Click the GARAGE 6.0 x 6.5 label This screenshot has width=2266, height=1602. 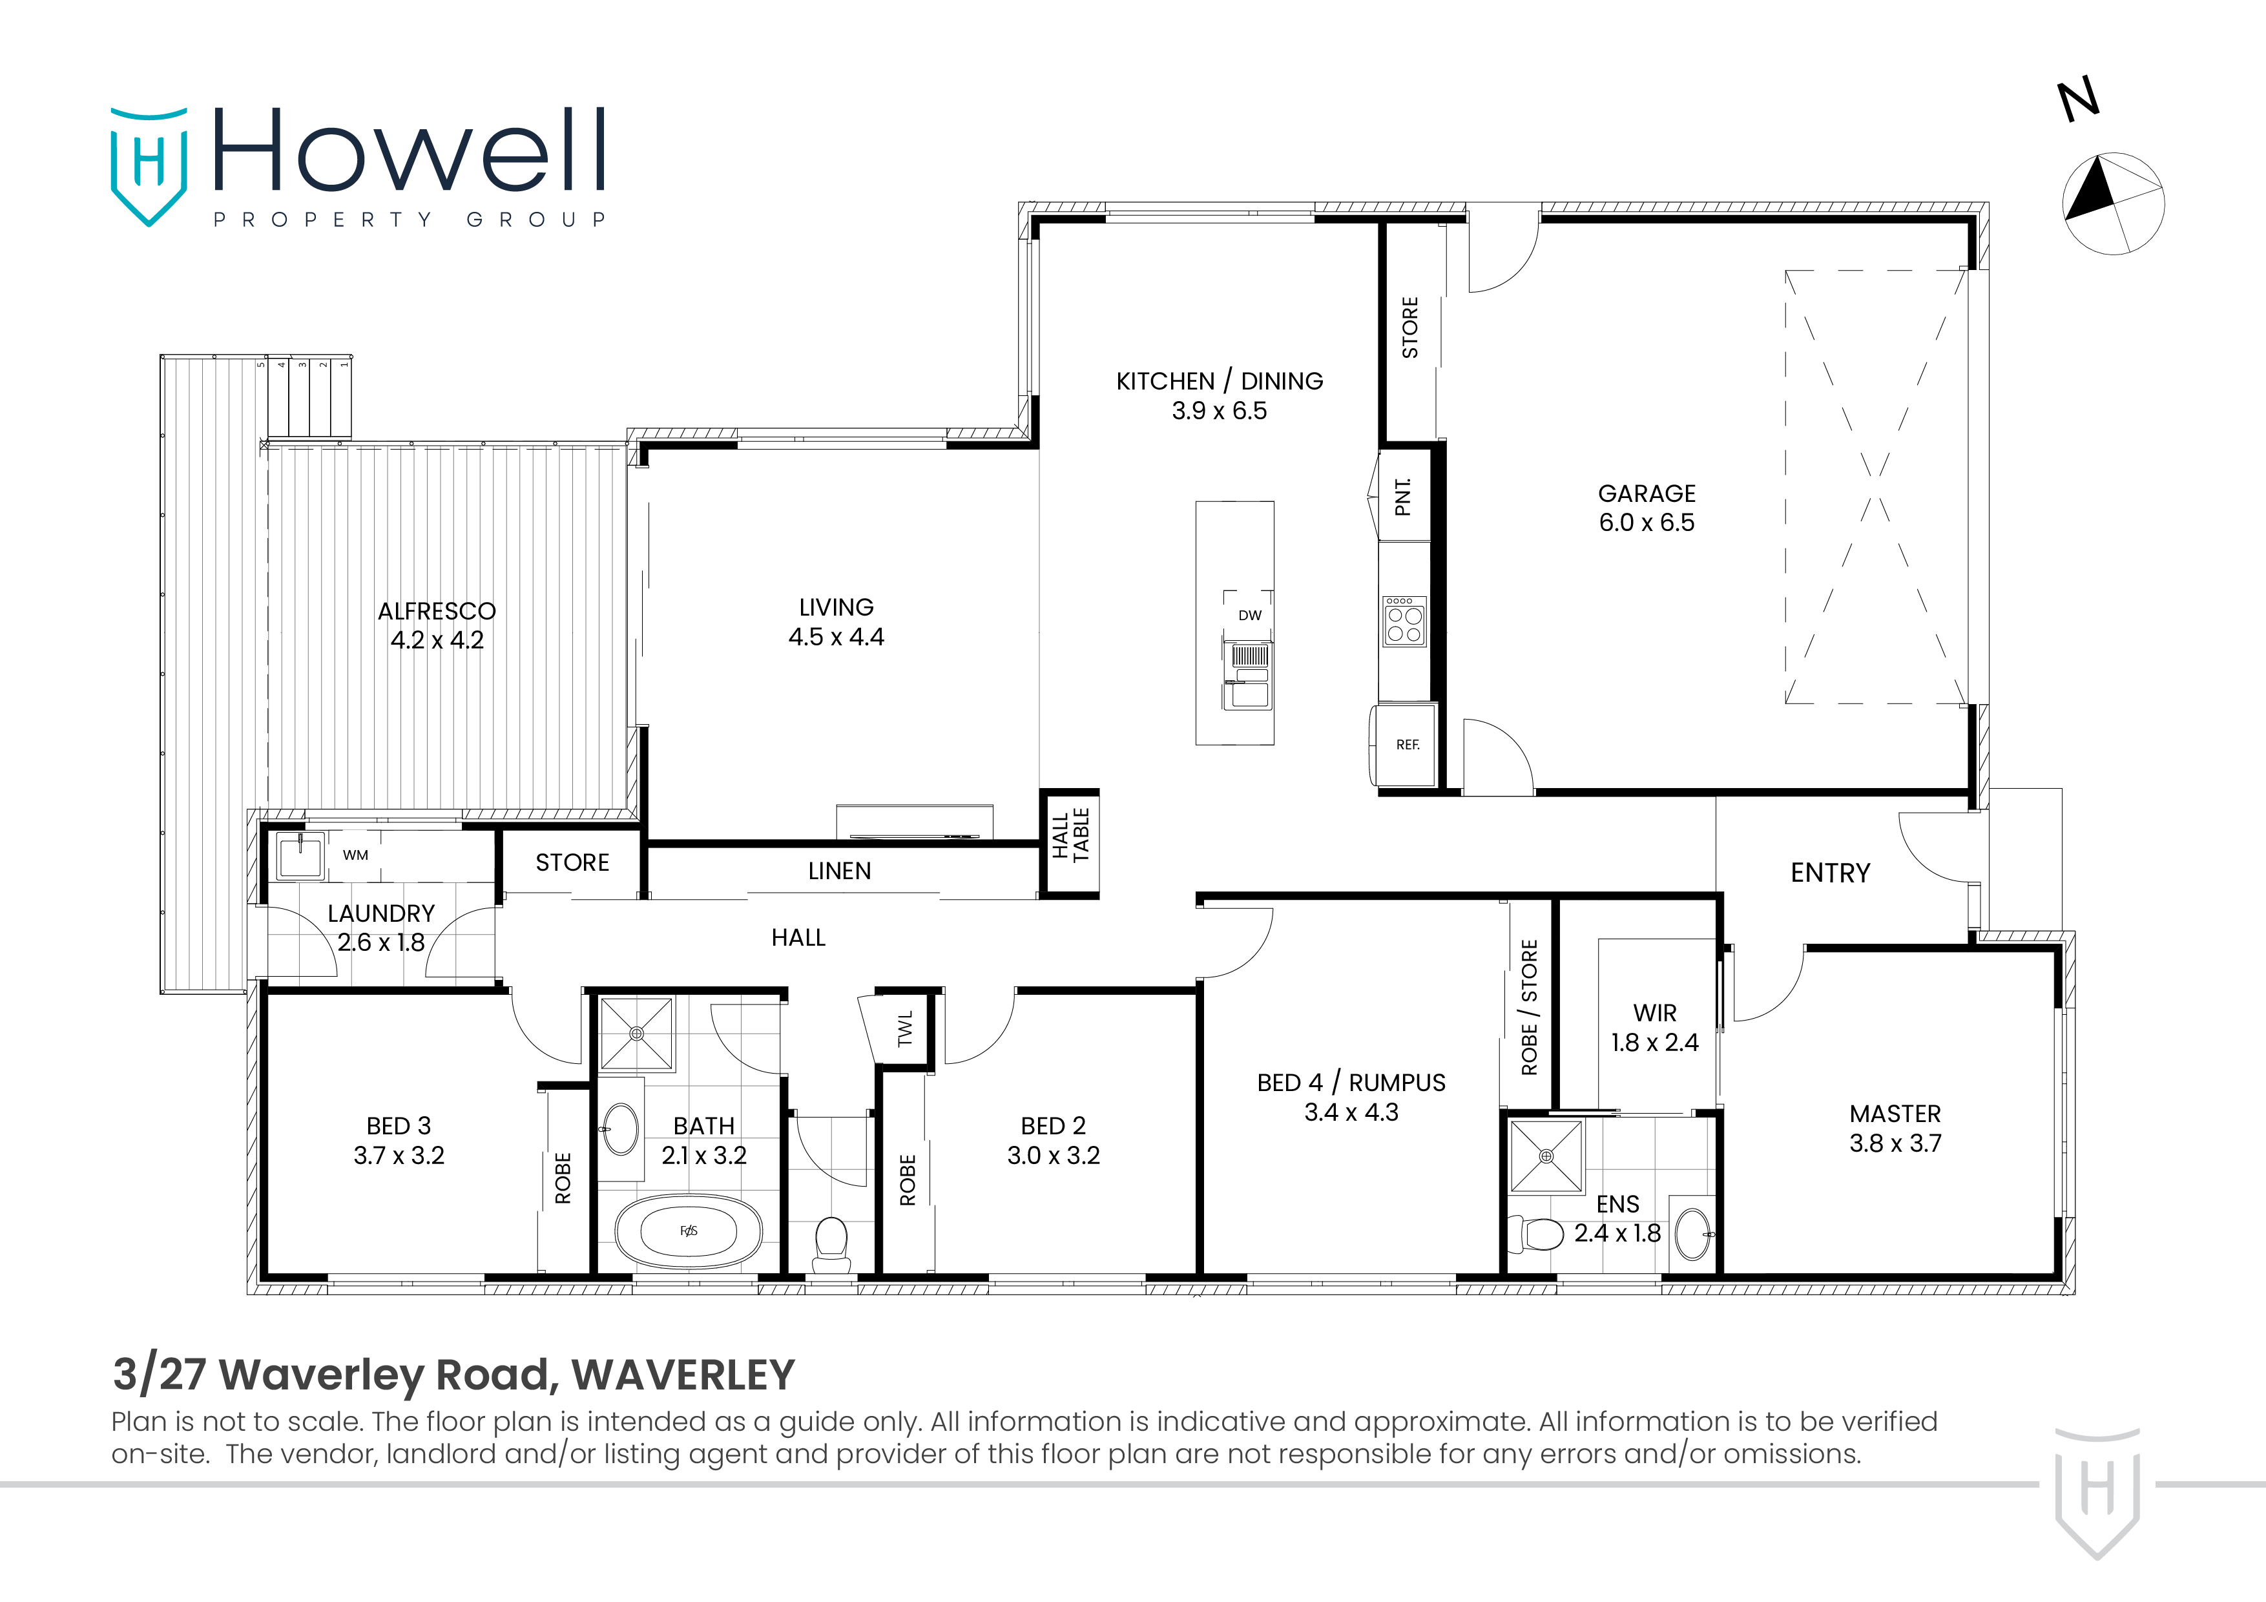pos(1646,507)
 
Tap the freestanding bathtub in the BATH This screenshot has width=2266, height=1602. pos(689,1231)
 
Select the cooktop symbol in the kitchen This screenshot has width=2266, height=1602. pos(1404,621)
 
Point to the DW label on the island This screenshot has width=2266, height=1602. pos(1249,615)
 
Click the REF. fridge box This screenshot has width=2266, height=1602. pos(1406,745)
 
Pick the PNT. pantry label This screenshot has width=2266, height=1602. pos(1402,497)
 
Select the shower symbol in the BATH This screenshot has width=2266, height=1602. pos(636,1034)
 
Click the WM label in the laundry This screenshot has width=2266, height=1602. pos(355,855)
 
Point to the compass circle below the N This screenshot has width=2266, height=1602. pos(2113,204)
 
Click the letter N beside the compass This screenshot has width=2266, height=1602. pos(2079,101)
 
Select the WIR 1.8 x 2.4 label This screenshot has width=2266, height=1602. pos(1654,1028)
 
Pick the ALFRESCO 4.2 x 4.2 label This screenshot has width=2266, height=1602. pos(436,625)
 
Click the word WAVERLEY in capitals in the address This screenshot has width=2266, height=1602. pos(683,1374)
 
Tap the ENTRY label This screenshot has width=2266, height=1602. pos(1830,873)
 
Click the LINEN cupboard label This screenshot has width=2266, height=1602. pos(839,871)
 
